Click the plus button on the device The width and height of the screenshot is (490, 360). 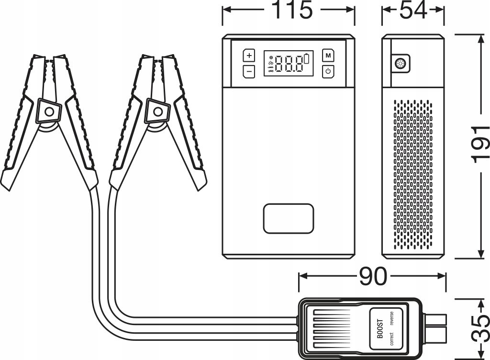(249, 56)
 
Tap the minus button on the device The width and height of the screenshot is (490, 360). (249, 71)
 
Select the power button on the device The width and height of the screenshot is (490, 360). (328, 71)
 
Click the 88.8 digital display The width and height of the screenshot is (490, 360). (289, 64)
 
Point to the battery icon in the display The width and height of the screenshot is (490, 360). (307, 58)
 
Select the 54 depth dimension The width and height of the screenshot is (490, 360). (413, 10)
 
